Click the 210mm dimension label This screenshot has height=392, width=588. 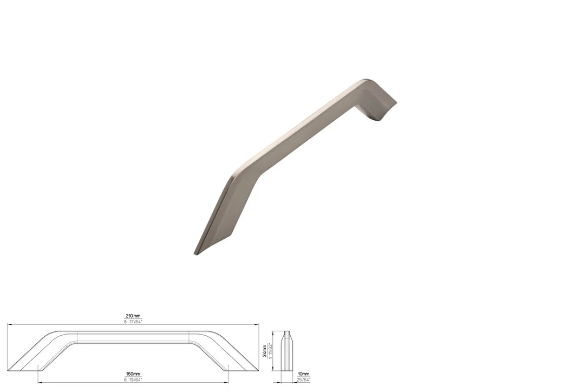tap(133, 316)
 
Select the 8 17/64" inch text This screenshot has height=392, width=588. tap(133, 322)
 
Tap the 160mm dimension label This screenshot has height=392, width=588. tap(133, 374)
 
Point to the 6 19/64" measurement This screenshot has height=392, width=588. tap(133, 380)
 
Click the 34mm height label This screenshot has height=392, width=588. tap(265, 351)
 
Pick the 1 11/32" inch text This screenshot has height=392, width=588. tap(270, 351)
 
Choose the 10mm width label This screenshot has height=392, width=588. tap(303, 374)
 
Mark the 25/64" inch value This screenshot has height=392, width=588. tap(303, 380)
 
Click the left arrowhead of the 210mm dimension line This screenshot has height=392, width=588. tap(9, 324)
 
